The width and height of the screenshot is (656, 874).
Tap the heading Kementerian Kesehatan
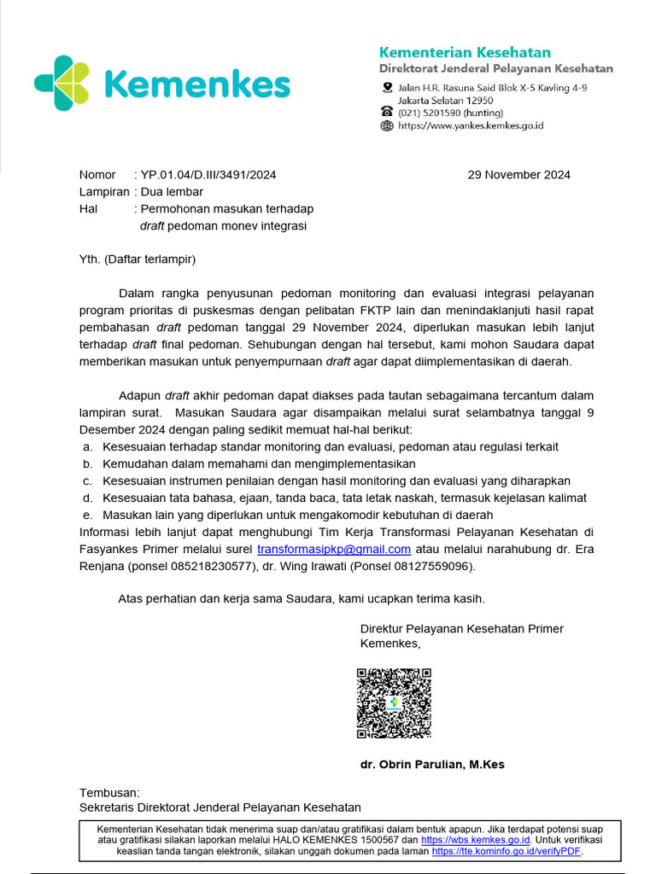pos(465,52)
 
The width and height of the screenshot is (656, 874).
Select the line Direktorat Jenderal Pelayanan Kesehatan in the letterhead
pos(496,68)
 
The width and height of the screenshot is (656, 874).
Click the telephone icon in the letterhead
pos(387,112)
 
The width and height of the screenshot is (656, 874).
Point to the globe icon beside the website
pos(387,125)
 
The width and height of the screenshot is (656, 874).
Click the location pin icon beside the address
pos(387,88)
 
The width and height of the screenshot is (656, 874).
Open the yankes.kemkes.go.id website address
pos(471,125)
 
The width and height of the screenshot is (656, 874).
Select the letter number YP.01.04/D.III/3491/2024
pos(208,175)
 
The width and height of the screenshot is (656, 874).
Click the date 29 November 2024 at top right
pos(518,175)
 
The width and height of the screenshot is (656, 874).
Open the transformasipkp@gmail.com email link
pos(334,549)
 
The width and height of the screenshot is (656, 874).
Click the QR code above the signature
pos(394,703)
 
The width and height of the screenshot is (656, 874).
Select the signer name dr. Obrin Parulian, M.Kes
pos(432,764)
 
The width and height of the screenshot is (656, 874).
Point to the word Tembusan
pos(108,792)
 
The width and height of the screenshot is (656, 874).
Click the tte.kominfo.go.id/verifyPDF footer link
pos(507,851)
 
